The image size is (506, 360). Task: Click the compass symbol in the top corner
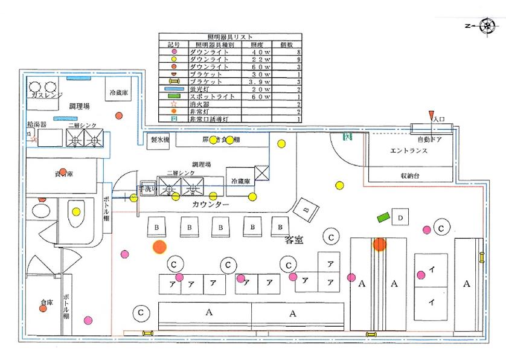[486, 26]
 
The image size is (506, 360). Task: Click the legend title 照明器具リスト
[229, 37]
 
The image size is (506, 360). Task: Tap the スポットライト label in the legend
[210, 97]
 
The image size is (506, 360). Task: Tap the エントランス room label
[409, 151]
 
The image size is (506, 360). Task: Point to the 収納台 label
[411, 176]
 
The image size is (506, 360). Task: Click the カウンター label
[210, 205]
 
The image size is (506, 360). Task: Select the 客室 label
[293, 240]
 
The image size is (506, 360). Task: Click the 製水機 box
[159, 140]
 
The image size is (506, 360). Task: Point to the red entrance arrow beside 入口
[431, 115]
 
